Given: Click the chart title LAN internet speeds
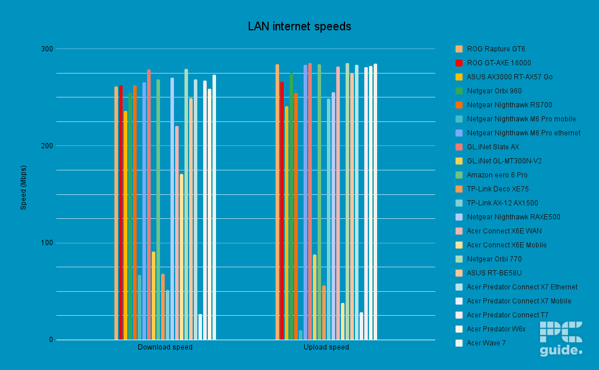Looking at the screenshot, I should click(x=299, y=26).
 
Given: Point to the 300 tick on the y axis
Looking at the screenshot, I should click(x=47, y=49).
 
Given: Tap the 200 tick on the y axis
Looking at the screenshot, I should click(x=47, y=146).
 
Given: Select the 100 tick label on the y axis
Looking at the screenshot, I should click(x=47, y=243).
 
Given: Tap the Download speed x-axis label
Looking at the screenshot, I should click(x=165, y=347).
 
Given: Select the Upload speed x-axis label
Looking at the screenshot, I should click(x=326, y=347).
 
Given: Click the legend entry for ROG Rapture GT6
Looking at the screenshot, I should click(x=496, y=49).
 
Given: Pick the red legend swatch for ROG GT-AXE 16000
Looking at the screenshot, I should click(x=459, y=63).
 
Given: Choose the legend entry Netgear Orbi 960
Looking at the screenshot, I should click(x=494, y=91).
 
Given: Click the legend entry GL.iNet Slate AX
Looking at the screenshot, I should click(x=493, y=147).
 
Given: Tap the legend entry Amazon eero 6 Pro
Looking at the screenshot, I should click(x=497, y=175).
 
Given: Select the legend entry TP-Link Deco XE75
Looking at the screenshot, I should click(x=498, y=189).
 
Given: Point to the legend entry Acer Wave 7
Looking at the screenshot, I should click(x=486, y=343).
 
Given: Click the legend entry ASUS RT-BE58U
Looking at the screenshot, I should click(x=494, y=273).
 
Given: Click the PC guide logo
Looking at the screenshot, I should click(x=561, y=338).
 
